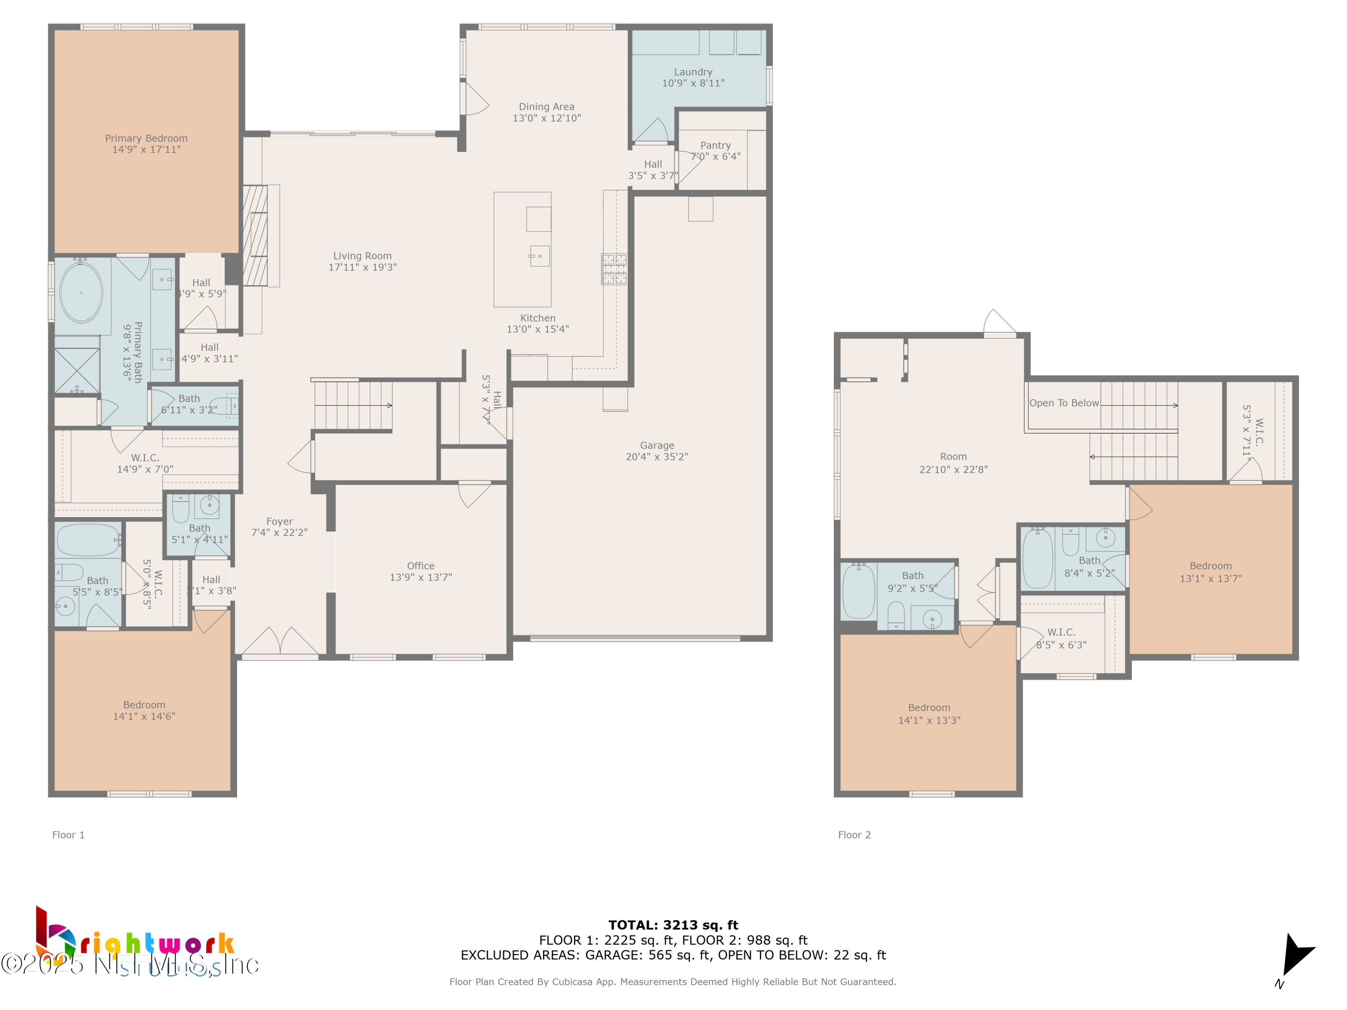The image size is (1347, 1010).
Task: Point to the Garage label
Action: (656, 446)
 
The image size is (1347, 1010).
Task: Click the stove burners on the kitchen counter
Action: (614, 269)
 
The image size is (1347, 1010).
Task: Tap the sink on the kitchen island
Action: (540, 256)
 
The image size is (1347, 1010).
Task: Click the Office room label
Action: (420, 566)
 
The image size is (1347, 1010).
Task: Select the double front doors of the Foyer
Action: (280, 642)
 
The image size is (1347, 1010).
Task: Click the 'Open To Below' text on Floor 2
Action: (1064, 403)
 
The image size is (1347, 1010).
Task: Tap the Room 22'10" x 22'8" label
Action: (953, 463)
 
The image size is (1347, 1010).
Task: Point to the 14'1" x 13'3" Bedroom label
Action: (929, 714)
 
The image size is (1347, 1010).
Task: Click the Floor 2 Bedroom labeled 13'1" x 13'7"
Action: (1210, 572)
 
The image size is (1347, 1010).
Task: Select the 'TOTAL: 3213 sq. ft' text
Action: (673, 925)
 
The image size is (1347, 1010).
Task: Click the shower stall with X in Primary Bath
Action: (77, 370)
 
